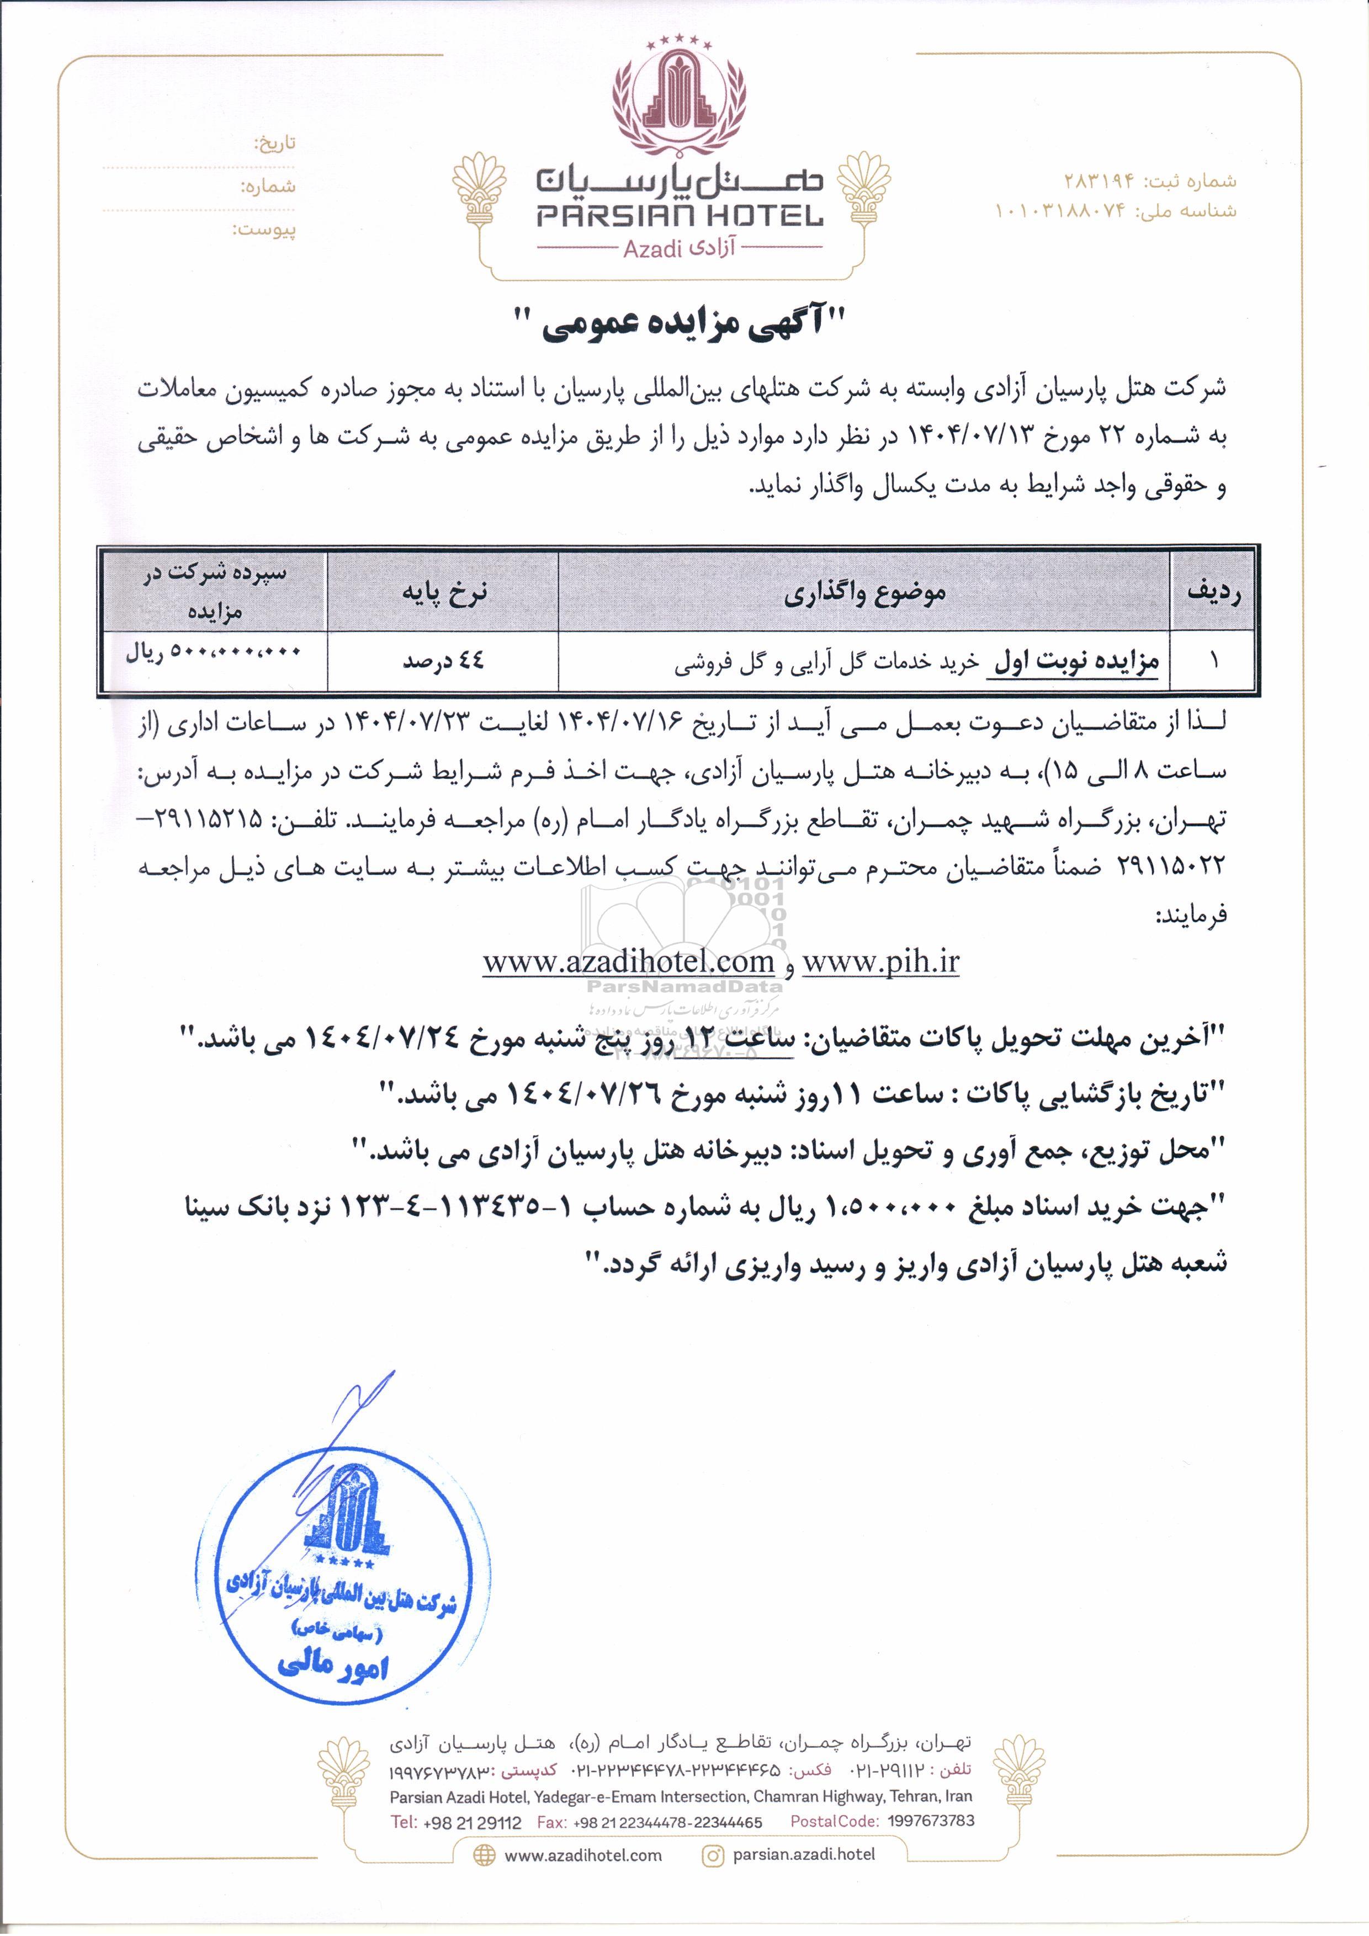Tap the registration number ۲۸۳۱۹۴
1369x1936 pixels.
click(x=1094, y=181)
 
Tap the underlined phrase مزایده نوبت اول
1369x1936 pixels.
click(x=1077, y=663)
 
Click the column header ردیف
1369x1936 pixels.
click(x=1214, y=592)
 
